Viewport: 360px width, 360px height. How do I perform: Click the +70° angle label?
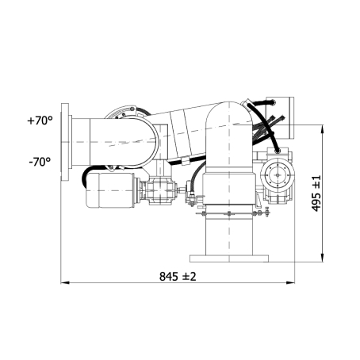tap(40, 121)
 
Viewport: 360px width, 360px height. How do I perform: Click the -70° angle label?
tap(40, 161)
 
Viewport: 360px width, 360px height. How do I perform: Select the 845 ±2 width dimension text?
tap(178, 277)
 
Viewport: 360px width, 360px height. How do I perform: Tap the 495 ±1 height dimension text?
tap(316, 193)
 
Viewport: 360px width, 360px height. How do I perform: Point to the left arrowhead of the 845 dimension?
tap(65, 283)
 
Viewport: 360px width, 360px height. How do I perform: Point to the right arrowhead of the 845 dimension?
tap(290, 283)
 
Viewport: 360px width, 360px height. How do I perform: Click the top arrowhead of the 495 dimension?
tap(322, 129)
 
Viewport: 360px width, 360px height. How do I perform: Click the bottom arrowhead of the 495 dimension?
tap(322, 258)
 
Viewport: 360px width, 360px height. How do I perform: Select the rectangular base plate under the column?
tap(229, 259)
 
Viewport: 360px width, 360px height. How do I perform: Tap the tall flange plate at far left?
tap(65, 142)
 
